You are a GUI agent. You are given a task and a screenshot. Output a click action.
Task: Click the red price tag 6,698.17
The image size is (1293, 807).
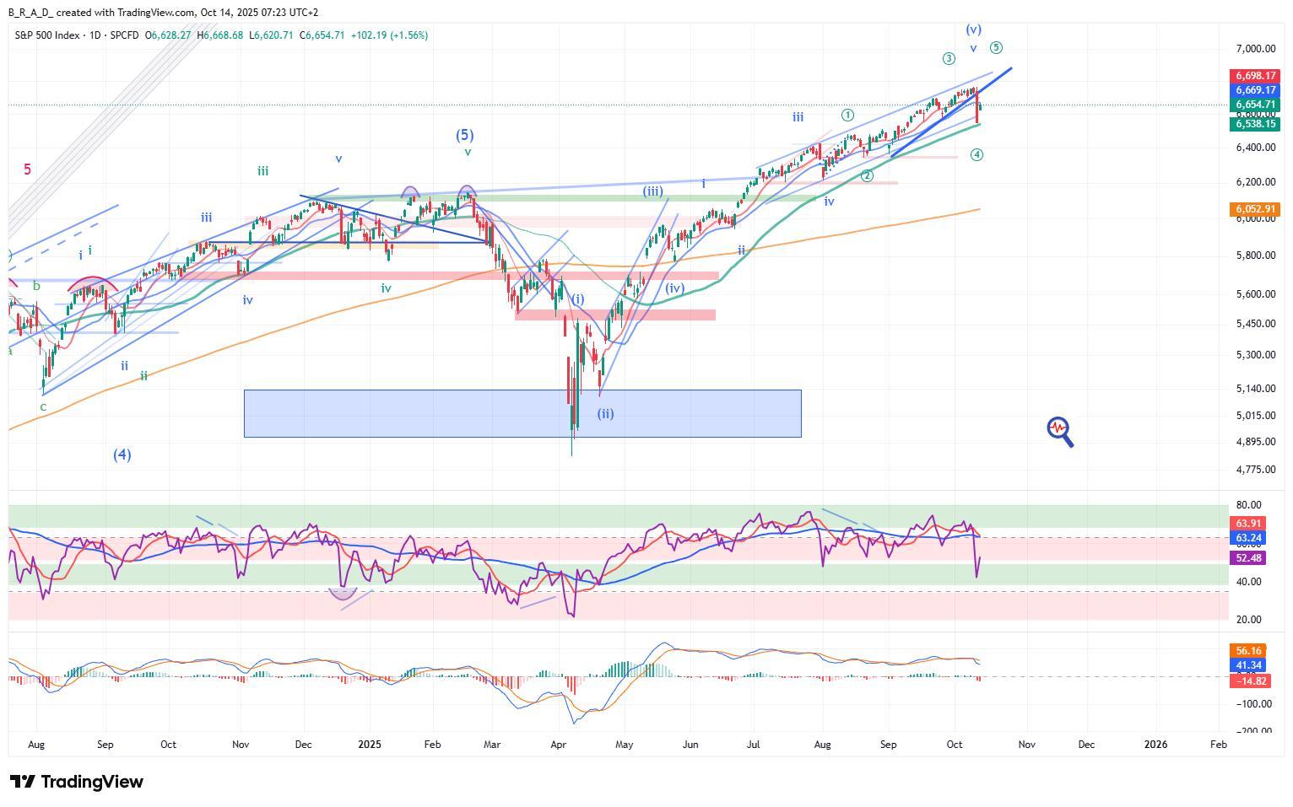point(1256,76)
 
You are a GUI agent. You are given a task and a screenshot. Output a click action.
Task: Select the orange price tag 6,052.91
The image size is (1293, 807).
point(1256,209)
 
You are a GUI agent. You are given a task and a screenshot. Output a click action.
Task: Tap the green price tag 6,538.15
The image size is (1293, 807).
point(1256,124)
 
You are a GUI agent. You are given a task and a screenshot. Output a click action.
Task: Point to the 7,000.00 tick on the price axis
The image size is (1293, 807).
point(1256,50)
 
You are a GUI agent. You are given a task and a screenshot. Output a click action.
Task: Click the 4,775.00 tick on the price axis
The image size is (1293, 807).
point(1256,470)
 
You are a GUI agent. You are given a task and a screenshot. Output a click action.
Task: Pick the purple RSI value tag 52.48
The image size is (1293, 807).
point(1249,558)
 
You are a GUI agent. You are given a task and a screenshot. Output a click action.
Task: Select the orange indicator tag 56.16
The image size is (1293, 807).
point(1249,651)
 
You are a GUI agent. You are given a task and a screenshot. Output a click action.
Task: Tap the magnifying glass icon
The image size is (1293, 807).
point(1060,431)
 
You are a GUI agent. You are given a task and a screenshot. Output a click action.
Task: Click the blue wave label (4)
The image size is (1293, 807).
point(122,455)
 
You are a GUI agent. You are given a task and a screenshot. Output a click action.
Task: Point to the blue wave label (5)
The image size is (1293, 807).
point(465,135)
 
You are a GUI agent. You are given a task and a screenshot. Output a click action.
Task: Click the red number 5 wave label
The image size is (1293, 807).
point(27,169)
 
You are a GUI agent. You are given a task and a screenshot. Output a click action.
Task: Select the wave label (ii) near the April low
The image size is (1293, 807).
point(605,414)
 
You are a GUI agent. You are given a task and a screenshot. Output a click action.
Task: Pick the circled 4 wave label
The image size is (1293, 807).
point(977,155)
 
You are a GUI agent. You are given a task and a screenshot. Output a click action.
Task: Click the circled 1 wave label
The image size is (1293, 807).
point(847,115)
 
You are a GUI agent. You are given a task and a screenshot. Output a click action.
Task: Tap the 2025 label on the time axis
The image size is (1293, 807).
point(370,745)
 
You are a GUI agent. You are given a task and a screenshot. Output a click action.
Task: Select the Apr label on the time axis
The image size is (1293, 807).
point(558,745)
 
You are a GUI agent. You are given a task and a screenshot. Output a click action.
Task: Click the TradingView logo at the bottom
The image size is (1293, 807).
point(77,782)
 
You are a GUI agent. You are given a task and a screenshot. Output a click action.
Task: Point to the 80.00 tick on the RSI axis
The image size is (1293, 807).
point(1249,506)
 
